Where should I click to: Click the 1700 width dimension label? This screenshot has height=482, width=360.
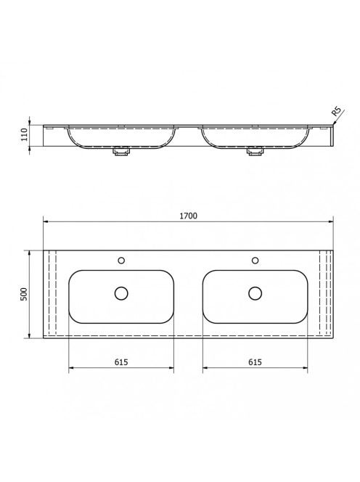[x=188, y=216]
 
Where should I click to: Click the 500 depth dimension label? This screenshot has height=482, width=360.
[x=24, y=294]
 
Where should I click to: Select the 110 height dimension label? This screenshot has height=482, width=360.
[x=24, y=134]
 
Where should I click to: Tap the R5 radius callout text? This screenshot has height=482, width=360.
[x=336, y=110]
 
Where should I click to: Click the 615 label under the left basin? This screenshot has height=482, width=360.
[x=121, y=362]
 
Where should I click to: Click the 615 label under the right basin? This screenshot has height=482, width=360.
[x=255, y=362]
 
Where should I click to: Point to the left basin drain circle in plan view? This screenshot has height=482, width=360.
[x=121, y=293]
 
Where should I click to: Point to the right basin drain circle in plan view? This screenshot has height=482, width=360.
[x=255, y=293]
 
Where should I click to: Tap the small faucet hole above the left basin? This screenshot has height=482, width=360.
[x=121, y=261]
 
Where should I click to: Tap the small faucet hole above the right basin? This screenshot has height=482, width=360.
[x=255, y=261]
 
